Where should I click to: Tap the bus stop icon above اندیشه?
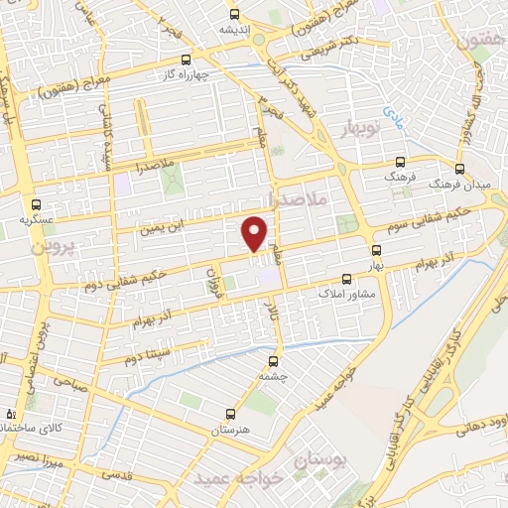234,14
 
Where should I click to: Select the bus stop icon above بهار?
375,250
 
